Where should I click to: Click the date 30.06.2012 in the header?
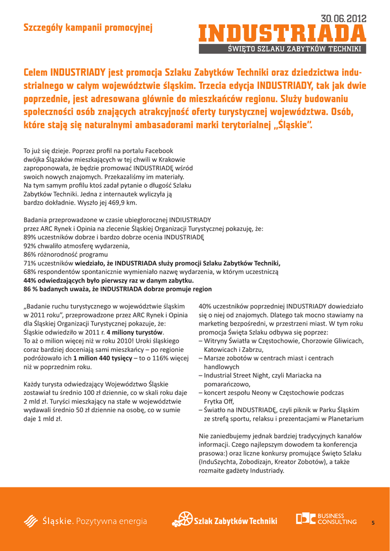pos(343,19)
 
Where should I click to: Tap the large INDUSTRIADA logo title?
pos(282,34)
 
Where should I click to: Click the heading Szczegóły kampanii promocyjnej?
pos(88,27)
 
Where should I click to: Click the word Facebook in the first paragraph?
pos(159,151)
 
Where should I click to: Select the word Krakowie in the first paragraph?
pos(170,159)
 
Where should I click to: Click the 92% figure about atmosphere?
pos(30,246)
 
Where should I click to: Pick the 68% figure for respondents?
pos(30,272)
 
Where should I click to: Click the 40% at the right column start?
pos(206,306)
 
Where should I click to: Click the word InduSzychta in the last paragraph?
pos(218,462)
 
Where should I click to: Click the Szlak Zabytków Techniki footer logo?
pos(225,520)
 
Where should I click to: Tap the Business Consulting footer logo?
pos(326,519)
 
